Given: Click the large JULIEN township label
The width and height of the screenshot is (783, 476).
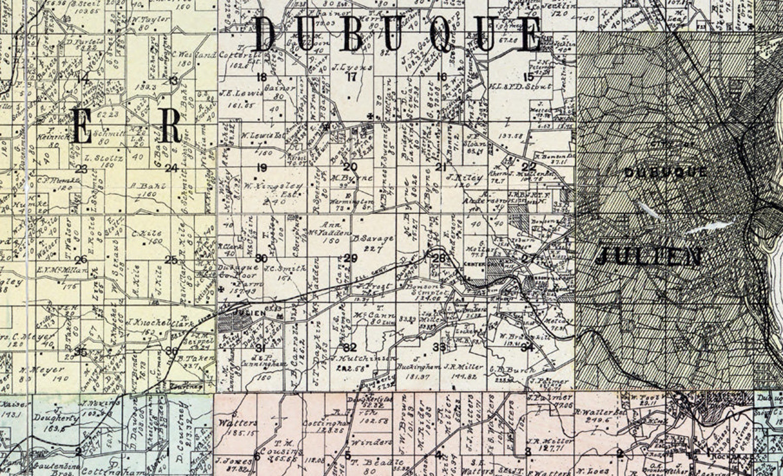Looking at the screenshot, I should (x=649, y=257).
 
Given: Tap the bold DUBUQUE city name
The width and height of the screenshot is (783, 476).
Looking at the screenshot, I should (x=665, y=172).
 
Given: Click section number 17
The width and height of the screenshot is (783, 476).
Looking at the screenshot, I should (x=352, y=77).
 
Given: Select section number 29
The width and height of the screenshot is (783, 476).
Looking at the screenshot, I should (x=351, y=258).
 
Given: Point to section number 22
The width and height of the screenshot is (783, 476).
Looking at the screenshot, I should (x=529, y=167).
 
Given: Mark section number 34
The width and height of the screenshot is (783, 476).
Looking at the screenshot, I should (x=527, y=347).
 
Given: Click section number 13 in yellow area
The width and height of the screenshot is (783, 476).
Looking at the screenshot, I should (x=173, y=81).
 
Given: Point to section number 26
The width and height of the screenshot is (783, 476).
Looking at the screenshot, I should (x=81, y=260).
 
